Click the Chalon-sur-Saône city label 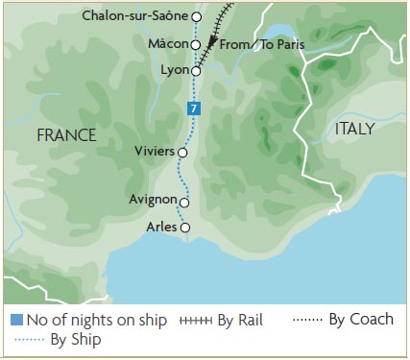click(136, 16)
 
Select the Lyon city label click(174, 71)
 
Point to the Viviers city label click(155, 152)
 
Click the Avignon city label click(152, 201)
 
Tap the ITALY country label click(355, 128)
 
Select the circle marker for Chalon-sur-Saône click(197, 16)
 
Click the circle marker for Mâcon click(196, 44)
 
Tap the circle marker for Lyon click(196, 71)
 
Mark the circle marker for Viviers click(182, 152)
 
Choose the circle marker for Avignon click(184, 203)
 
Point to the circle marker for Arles click(185, 228)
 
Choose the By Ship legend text click(76, 339)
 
